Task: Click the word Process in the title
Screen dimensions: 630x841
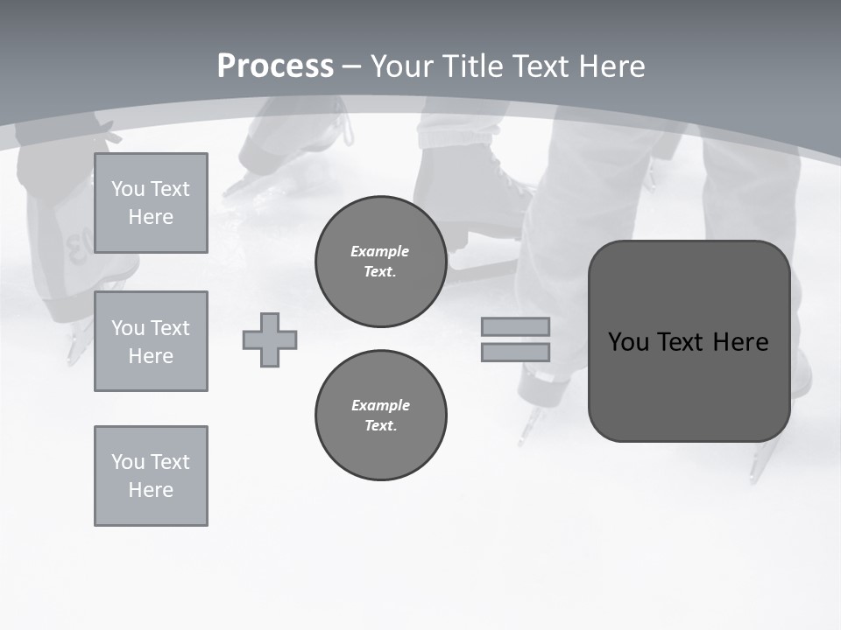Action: point(275,66)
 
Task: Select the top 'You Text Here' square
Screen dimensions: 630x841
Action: point(151,203)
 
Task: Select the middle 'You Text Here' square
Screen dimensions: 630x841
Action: point(151,341)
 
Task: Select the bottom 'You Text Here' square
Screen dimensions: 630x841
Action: point(151,476)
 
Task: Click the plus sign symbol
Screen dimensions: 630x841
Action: point(270,339)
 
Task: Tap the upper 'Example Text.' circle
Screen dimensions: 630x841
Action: point(380,262)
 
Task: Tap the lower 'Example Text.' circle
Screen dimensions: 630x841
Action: point(380,416)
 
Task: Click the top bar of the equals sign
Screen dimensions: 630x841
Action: point(515,327)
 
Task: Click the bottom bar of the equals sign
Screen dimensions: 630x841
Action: point(515,352)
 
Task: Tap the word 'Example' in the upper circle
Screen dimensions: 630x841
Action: point(380,251)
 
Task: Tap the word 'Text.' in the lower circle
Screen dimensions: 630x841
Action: point(380,426)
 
